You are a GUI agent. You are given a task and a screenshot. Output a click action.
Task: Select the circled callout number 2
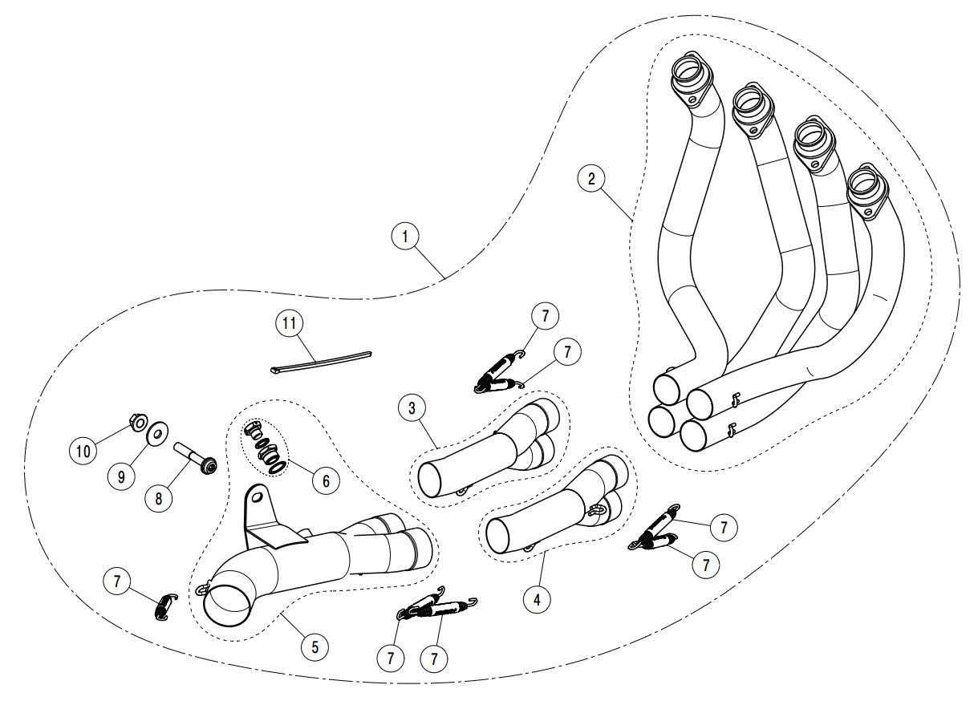click(x=591, y=178)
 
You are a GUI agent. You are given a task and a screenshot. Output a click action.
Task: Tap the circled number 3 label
click(x=412, y=408)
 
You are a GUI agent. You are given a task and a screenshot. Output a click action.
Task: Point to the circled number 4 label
click(x=537, y=597)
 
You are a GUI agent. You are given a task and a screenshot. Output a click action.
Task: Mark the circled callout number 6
click(x=326, y=480)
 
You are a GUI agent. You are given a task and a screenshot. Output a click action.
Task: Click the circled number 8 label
click(x=159, y=498)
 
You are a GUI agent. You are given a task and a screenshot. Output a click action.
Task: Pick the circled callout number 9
click(x=121, y=476)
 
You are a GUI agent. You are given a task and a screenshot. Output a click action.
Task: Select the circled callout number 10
click(x=83, y=452)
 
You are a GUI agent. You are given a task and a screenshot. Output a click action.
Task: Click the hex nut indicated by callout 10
click(x=137, y=421)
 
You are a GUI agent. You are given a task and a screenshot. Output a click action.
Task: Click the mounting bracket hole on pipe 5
click(x=258, y=497)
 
